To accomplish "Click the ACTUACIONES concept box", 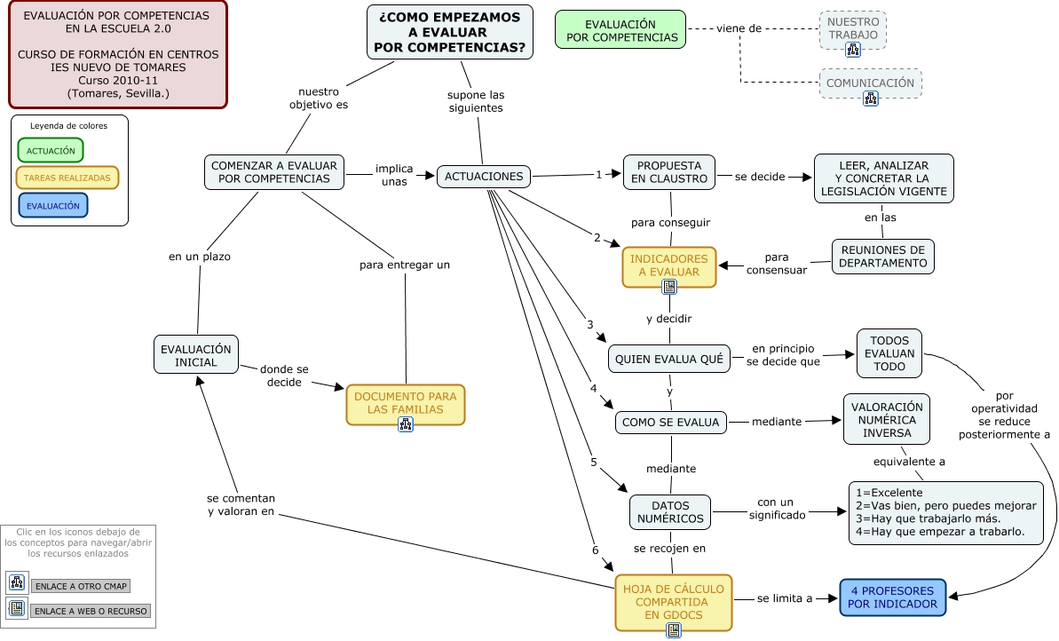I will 484,176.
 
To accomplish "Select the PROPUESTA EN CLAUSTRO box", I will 669,172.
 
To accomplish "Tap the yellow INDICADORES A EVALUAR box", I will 669,265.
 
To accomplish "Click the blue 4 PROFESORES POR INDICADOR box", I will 892,597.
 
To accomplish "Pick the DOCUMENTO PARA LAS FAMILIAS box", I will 406,402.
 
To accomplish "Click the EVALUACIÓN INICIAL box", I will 196,356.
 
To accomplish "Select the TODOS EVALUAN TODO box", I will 889,353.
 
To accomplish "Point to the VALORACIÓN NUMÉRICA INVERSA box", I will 887,419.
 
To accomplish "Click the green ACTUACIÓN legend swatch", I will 51,150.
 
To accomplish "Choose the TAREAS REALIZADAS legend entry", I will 67,178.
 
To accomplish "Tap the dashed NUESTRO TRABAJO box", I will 853,28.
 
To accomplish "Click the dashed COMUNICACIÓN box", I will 870,83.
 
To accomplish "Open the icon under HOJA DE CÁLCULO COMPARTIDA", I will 674,630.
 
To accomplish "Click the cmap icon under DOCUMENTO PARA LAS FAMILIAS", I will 406,423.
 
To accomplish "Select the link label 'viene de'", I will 739,28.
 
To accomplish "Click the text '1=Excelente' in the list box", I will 889,493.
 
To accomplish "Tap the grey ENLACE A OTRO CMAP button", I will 81,586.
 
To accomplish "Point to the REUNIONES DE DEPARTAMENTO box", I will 882,257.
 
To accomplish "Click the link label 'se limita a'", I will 785,599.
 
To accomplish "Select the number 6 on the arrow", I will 596,550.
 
